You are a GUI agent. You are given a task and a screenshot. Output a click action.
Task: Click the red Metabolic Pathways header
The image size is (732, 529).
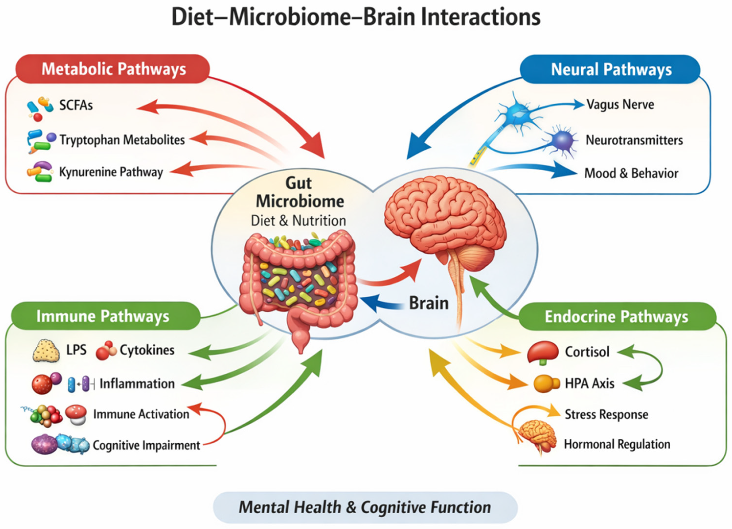(113, 69)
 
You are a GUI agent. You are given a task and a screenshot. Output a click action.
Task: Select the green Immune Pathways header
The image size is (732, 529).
(106, 316)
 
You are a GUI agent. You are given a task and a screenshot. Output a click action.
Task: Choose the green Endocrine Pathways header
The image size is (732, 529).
(617, 317)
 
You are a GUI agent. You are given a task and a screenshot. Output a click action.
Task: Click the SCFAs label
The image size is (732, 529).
(76, 105)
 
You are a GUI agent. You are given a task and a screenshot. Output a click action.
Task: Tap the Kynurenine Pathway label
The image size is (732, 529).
(111, 172)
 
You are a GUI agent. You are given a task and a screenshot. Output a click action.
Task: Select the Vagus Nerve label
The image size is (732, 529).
(620, 105)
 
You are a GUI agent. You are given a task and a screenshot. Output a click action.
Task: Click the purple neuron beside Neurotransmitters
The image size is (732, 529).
(562, 141)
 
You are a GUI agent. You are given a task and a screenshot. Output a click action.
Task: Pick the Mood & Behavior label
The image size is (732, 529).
(631, 173)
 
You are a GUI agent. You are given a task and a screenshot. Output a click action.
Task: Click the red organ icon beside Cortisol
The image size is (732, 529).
(542, 353)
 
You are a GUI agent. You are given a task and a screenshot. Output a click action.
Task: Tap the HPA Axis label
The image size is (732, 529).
(590, 383)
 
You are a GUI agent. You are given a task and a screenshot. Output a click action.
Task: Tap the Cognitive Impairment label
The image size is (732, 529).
(146, 445)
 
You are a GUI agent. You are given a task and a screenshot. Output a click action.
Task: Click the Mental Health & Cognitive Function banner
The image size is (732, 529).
(365, 507)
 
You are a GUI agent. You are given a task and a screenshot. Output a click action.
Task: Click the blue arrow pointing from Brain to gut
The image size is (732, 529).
(383, 304)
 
